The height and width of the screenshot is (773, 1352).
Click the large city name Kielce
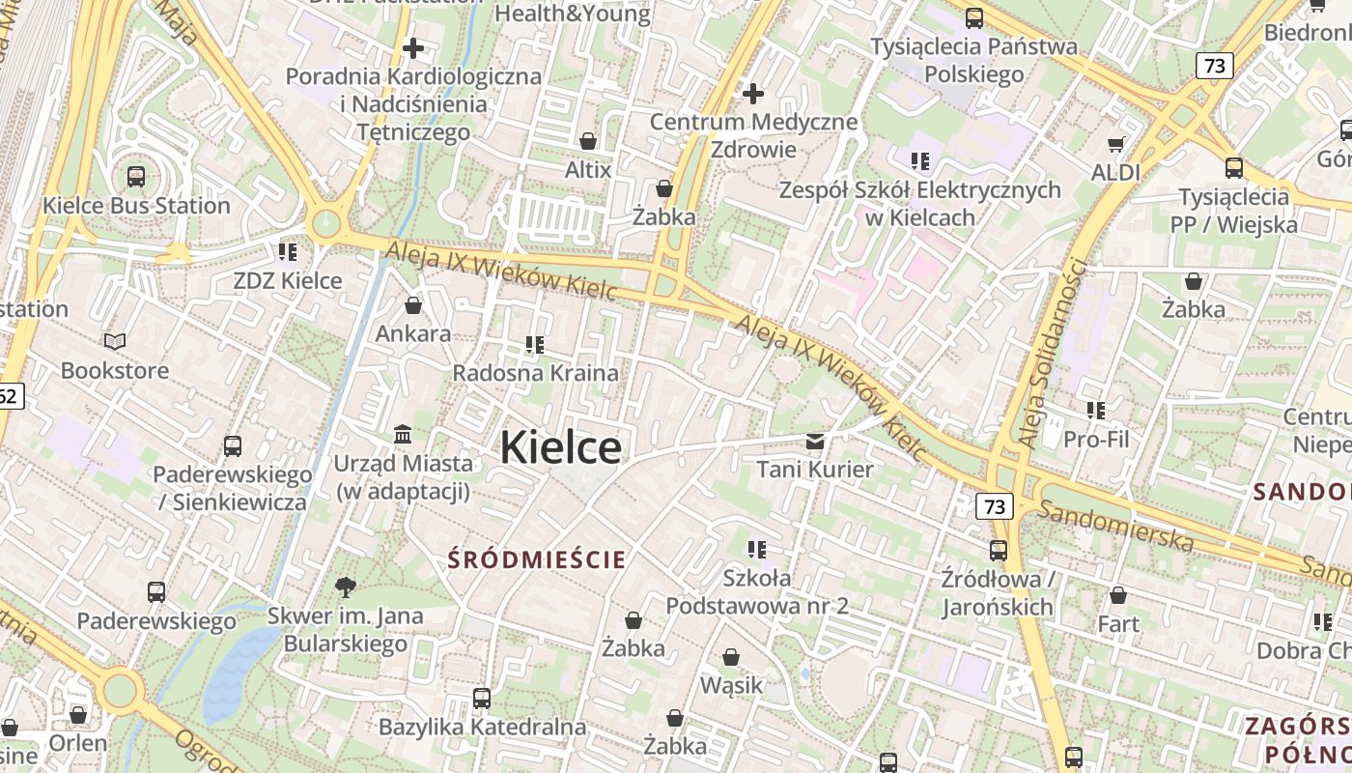pyautogui.click(x=560, y=447)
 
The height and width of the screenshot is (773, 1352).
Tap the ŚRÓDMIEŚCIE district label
pyautogui.click(x=537, y=559)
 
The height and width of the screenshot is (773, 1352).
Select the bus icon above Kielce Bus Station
pyautogui.click(x=136, y=177)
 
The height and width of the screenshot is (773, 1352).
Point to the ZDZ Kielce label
pyautogui.click(x=288, y=280)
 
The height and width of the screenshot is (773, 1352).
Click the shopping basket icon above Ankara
pyautogui.click(x=413, y=305)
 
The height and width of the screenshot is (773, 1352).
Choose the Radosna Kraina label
pyautogui.click(x=535, y=373)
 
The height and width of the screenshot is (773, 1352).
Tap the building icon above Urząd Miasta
pyautogui.click(x=403, y=434)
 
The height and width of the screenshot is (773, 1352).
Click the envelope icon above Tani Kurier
pyautogui.click(x=815, y=442)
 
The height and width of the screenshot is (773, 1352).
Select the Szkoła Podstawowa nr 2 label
pyautogui.click(x=757, y=592)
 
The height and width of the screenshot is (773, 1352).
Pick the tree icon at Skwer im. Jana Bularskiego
pyautogui.click(x=345, y=587)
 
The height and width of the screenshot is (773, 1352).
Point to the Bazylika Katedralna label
pyautogui.click(x=482, y=727)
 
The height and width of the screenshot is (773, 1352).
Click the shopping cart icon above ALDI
pyautogui.click(x=1116, y=144)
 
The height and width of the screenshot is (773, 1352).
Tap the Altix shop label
pyautogui.click(x=588, y=170)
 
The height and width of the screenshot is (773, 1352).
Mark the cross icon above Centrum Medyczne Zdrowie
pyautogui.click(x=752, y=94)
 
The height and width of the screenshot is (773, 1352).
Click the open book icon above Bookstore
pyautogui.click(x=115, y=341)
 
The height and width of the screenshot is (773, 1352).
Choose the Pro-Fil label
pyautogui.click(x=1095, y=440)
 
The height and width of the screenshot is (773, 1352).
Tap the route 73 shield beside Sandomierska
pyautogui.click(x=994, y=505)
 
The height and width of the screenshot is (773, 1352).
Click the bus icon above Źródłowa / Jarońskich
pyautogui.click(x=998, y=551)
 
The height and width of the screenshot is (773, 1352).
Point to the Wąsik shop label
pyautogui.click(x=731, y=686)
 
